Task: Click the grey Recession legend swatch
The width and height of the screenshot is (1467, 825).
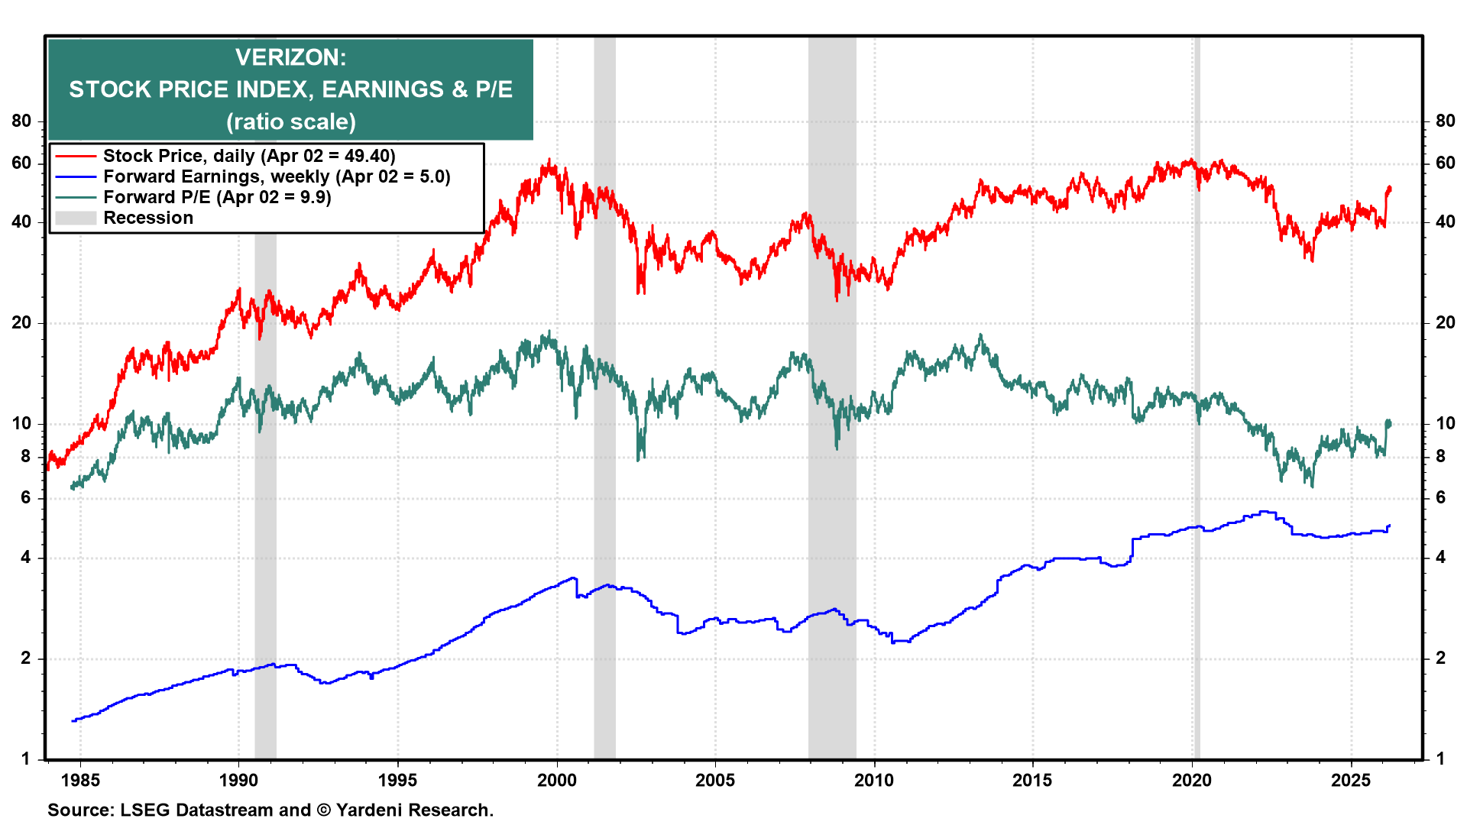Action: [x=76, y=218]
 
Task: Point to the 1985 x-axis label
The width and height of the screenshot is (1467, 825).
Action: [x=79, y=780]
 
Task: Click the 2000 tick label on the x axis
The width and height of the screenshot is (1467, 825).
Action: [x=556, y=780]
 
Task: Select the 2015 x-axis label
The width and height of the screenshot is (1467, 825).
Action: [x=1032, y=780]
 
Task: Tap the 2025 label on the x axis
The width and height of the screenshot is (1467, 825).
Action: [x=1351, y=780]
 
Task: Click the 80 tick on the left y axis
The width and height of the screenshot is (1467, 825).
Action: [x=21, y=121]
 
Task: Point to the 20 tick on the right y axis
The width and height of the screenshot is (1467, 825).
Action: [x=1445, y=322]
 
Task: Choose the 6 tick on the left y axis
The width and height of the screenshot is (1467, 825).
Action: [x=26, y=497]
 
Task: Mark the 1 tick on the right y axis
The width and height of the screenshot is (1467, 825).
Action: [x=1440, y=759]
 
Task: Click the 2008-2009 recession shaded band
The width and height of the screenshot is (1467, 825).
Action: [x=832, y=458]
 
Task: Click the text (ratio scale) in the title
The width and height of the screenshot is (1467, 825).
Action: [x=290, y=122]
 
